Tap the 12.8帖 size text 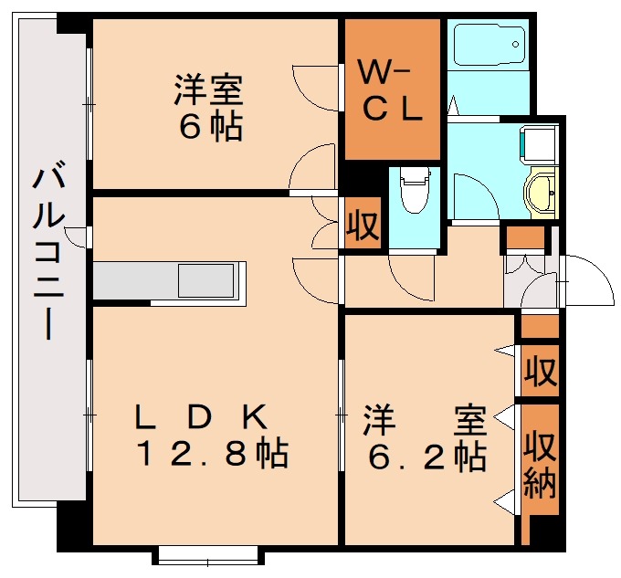click(x=212, y=453)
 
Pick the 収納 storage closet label click(x=540, y=466)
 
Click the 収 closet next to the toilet click(x=363, y=225)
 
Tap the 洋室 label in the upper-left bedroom click(x=209, y=93)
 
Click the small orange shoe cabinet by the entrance click(x=524, y=239)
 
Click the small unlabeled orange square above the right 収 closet click(x=539, y=326)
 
